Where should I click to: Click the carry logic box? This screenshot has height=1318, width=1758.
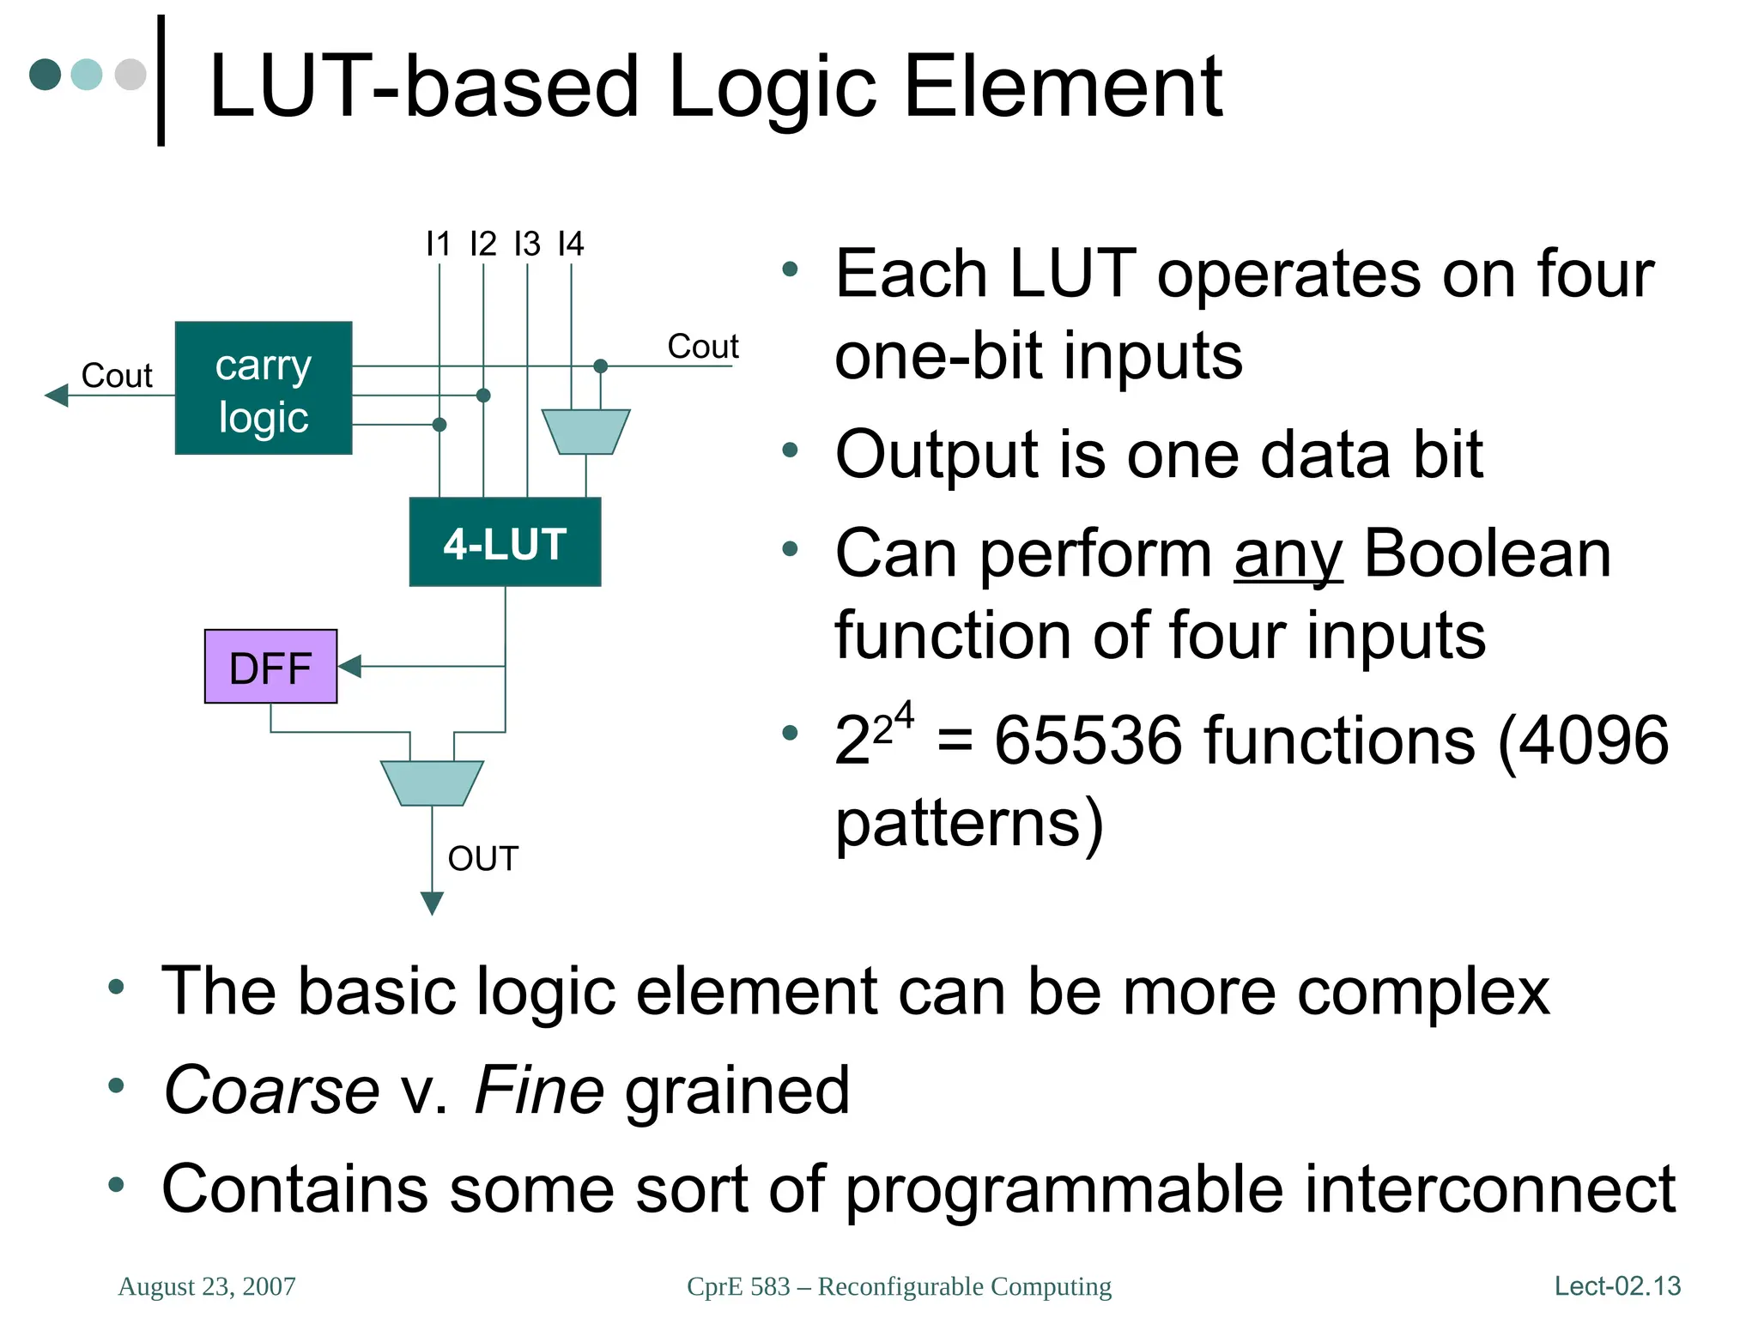pos(264,388)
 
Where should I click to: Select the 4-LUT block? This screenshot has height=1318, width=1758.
pos(505,542)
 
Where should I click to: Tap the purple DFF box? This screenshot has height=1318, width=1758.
pos(270,667)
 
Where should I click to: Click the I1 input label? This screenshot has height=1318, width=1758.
pos(438,245)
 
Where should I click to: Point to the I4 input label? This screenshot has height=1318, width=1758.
pos(571,245)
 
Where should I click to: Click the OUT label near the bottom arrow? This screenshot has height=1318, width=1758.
pos(482,859)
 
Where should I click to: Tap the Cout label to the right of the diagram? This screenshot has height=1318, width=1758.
pos(702,347)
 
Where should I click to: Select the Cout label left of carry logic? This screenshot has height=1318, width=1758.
pos(116,376)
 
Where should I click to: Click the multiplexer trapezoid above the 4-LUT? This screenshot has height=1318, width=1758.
pos(586,432)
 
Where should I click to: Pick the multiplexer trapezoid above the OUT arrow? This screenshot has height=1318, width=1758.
pos(432,783)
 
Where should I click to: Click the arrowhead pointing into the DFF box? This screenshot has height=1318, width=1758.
pos(350,666)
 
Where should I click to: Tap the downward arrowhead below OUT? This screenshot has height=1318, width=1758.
pos(432,903)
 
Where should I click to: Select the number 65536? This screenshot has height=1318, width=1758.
pos(1088,740)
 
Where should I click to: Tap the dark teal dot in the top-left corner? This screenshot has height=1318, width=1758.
pos(45,75)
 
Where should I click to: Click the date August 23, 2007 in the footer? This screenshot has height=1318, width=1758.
pos(207,1286)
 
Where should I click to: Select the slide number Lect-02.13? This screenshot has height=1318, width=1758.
pos(1617,1286)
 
